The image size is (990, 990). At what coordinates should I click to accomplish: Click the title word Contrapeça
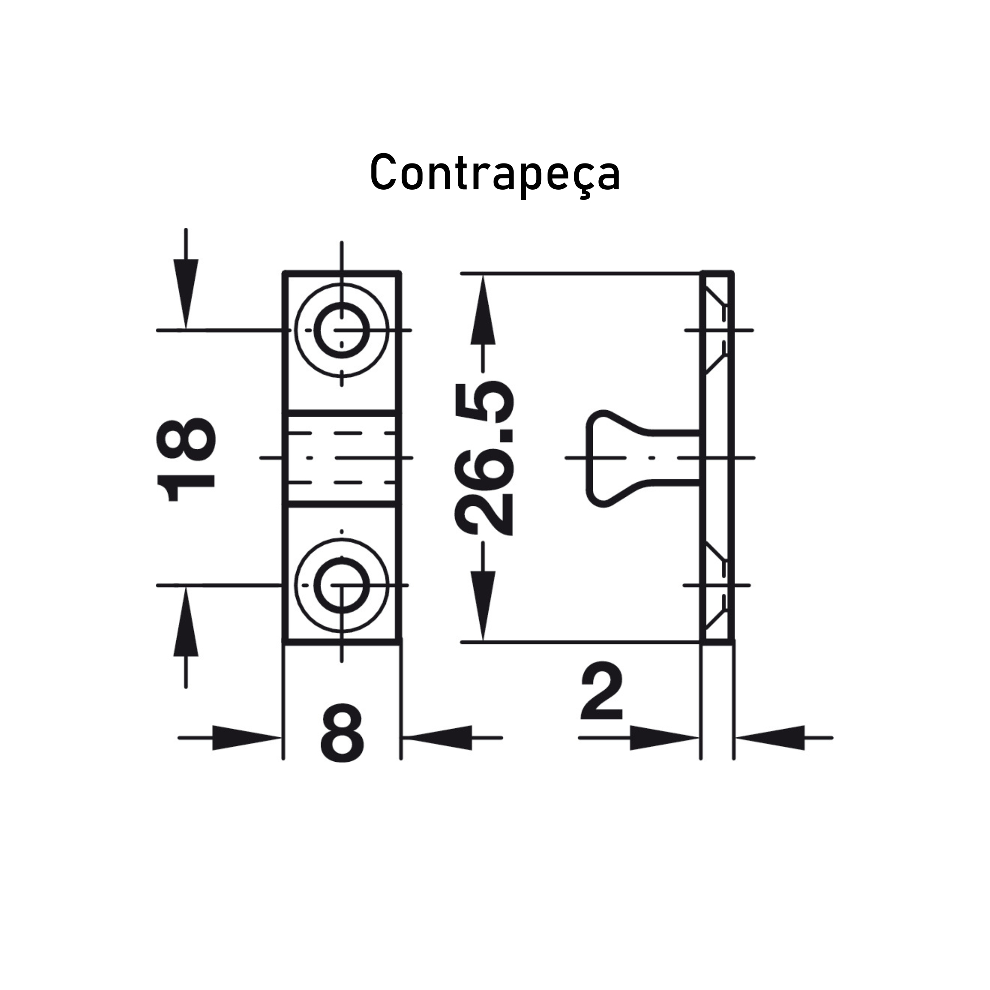pyautogui.click(x=495, y=173)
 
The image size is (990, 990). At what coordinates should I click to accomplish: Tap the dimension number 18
pyautogui.click(x=186, y=460)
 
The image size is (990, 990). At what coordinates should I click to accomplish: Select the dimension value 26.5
pyautogui.click(x=483, y=457)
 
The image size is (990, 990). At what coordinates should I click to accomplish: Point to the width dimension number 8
pyautogui.click(x=342, y=733)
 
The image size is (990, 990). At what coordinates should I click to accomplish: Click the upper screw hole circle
pyautogui.click(x=342, y=331)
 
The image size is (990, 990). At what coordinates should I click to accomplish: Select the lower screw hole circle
pyautogui.click(x=342, y=585)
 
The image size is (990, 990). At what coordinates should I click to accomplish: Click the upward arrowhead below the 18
pyautogui.click(x=186, y=621)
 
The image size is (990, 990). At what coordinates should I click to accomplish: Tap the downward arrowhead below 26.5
pyautogui.click(x=483, y=605)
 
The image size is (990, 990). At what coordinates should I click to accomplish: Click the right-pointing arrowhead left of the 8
pyautogui.click(x=246, y=738)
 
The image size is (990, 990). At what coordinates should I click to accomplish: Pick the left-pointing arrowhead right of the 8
pyautogui.click(x=437, y=738)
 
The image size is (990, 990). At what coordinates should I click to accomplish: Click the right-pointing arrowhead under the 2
pyautogui.click(x=664, y=738)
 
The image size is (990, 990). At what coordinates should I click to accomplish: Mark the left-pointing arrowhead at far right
pyautogui.click(x=770, y=738)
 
